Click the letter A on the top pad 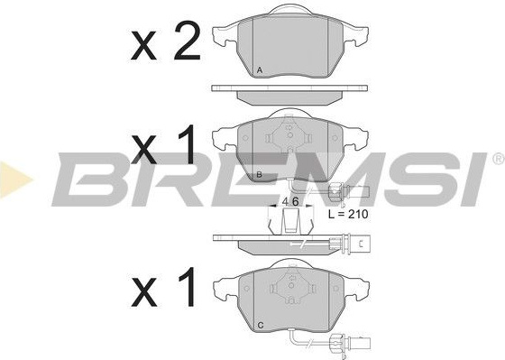click(x=260, y=70)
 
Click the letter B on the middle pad click(x=260, y=175)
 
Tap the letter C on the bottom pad click(x=261, y=326)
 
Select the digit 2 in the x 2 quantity click(x=188, y=41)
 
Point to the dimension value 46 click(x=290, y=201)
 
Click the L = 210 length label click(x=348, y=214)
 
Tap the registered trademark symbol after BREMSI click(x=498, y=159)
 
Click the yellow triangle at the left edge click(x=15, y=180)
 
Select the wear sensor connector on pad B click(x=349, y=192)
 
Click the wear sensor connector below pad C click(x=351, y=343)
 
